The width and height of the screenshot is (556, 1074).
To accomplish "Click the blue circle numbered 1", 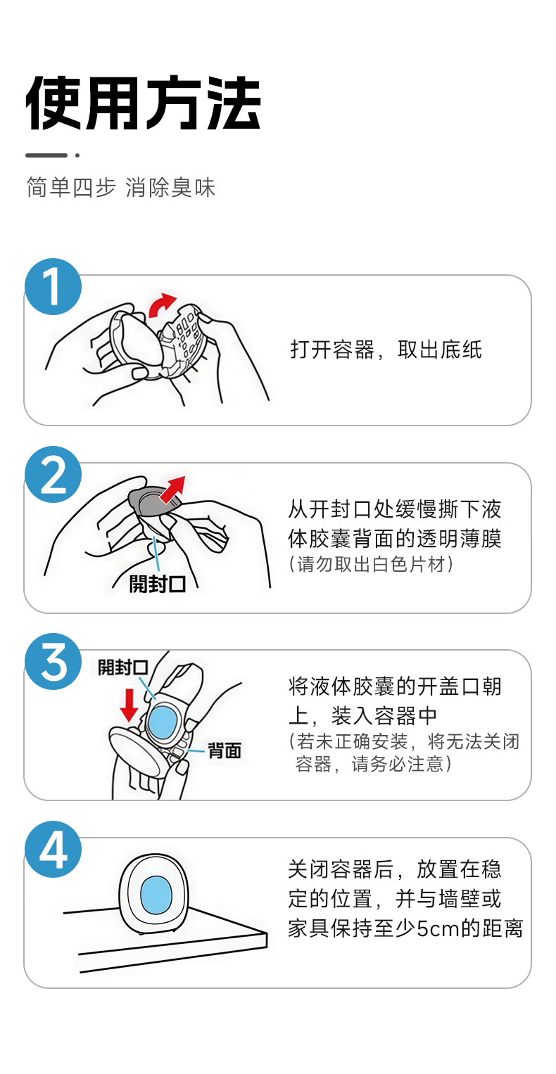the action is coord(53,287).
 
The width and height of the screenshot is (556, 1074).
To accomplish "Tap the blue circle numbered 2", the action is coord(53,474).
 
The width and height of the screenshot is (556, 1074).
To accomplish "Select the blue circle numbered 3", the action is coord(53,662).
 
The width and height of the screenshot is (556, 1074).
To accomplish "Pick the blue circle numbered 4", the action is coord(53,849).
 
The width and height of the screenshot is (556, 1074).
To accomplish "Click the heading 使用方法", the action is coord(143,103).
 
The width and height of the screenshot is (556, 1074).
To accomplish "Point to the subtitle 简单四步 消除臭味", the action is coord(121,187).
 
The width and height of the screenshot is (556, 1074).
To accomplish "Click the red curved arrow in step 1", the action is coord(162,305).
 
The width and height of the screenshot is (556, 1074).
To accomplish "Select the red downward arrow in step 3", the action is coord(129,705).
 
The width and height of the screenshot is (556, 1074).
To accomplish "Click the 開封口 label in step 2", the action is coord(158,584).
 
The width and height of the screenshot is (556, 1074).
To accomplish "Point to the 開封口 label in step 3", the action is coord(122,667).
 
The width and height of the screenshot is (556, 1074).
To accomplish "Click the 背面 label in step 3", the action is coord(224,750).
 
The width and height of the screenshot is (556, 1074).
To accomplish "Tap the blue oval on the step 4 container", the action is coord(156,895).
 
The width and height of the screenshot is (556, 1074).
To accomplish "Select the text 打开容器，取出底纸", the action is coord(386,350).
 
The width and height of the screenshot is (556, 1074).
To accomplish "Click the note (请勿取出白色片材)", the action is coord(371,564).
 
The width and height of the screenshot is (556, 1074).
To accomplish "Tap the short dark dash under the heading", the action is coord(46,155).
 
